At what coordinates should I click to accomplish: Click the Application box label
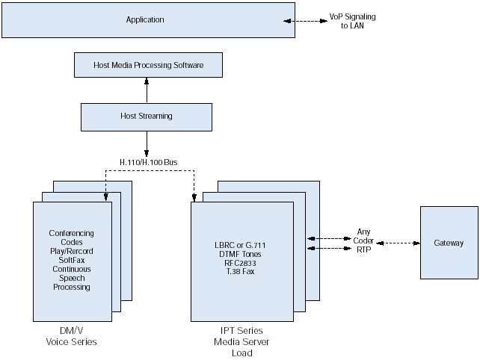pos(145,19)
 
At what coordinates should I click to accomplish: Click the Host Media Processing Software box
pos(149,65)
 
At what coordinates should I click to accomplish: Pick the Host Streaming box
pos(146,116)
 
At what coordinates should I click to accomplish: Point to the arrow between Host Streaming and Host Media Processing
pos(147,90)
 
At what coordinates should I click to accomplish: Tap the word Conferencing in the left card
pos(71,233)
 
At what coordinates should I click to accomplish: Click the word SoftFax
pos(71,260)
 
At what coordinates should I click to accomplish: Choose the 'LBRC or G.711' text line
pos(241,245)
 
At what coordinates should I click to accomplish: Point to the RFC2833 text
pos(241,263)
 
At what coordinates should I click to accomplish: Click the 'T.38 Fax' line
pos(241,272)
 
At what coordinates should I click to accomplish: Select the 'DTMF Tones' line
pos(241,254)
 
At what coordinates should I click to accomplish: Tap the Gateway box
pos(449,243)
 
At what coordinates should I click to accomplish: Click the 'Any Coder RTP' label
pos(363,241)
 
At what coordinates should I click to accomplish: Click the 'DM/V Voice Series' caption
pos(71,336)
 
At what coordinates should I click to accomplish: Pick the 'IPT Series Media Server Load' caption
pos(241,341)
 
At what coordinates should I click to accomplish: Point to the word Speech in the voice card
pos(71,278)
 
